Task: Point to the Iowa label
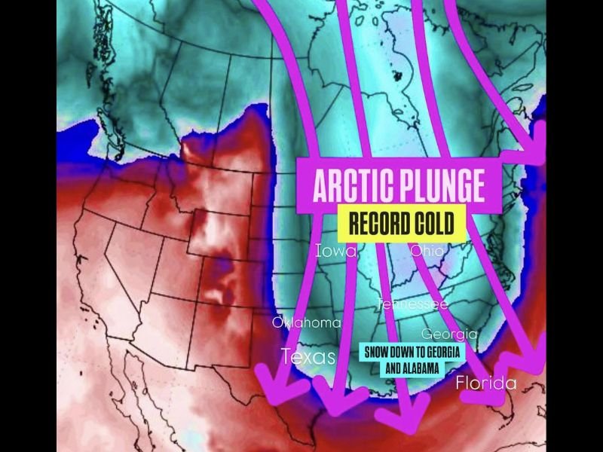click(336, 251)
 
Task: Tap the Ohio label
click(427, 251)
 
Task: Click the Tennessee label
click(412, 304)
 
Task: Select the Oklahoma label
click(306, 322)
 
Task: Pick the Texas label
click(308, 356)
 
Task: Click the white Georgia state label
click(449, 334)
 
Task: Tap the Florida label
click(486, 383)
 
